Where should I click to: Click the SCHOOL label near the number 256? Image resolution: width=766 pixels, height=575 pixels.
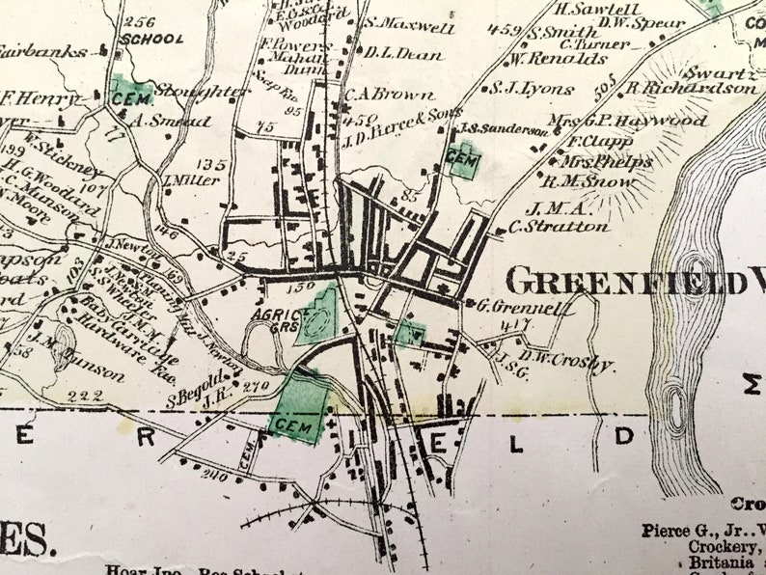click(x=153, y=40)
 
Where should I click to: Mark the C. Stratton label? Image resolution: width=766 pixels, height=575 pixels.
click(x=559, y=228)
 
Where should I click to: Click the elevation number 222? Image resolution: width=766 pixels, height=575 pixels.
click(x=85, y=397)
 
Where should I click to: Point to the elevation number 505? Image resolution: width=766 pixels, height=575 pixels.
click(x=605, y=90)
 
